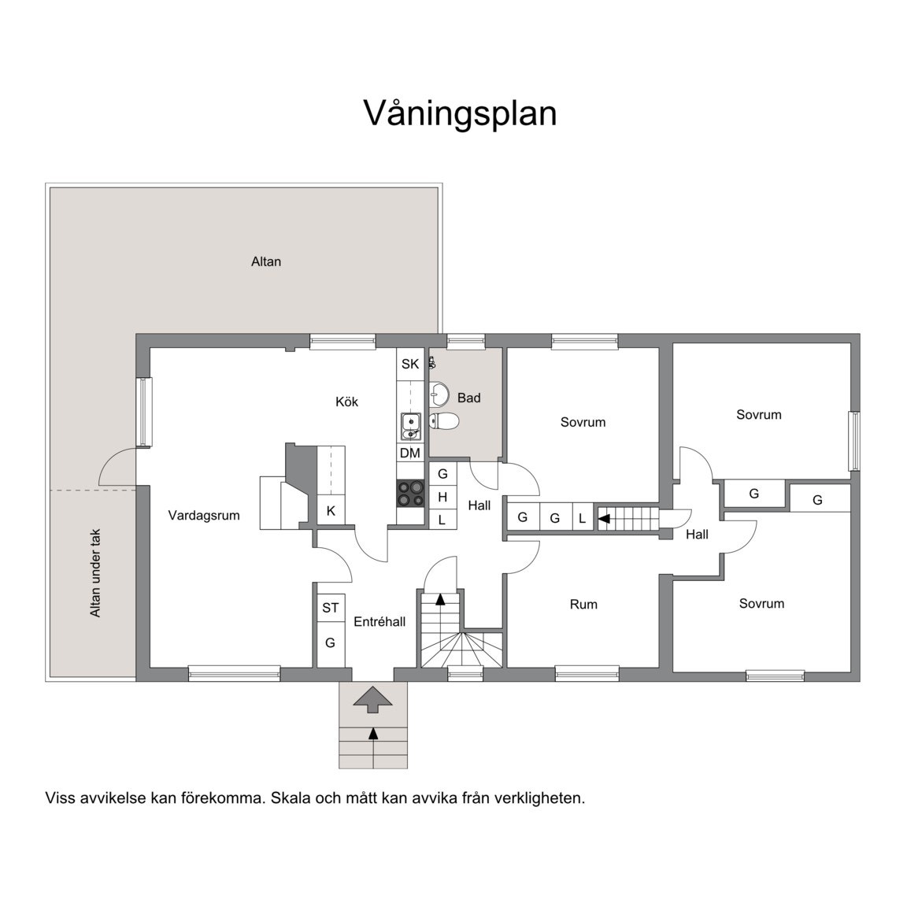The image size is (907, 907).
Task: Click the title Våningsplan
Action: (460, 113)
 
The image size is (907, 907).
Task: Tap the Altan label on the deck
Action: (266, 261)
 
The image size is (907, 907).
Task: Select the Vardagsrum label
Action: (204, 516)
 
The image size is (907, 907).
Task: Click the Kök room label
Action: (346, 402)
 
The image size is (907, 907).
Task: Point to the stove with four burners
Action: (410, 494)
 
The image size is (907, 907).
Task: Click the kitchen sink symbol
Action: (410, 426)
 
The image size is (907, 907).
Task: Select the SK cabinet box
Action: (410, 365)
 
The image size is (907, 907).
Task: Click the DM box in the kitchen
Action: (410, 453)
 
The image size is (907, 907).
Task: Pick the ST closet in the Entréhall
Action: (331, 608)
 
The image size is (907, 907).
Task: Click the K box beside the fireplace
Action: (331, 511)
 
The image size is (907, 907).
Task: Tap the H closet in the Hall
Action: (442, 497)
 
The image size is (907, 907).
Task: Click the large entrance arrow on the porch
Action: (373, 698)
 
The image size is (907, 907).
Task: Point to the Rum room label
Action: (583, 605)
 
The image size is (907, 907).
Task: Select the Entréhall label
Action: (379, 622)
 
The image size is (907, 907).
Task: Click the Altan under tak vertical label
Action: (95, 572)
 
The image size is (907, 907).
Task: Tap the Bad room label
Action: (468, 398)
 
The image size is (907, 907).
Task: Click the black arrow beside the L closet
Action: (604, 518)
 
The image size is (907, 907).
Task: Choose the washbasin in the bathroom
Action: (441, 392)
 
